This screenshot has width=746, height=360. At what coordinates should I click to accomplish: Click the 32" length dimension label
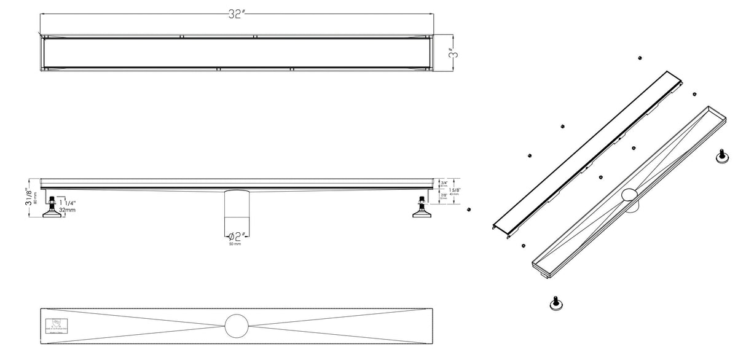[x=237, y=15]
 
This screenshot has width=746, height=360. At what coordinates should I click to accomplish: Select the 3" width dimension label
[x=453, y=54]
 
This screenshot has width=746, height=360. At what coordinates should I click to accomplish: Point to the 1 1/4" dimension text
[x=68, y=203]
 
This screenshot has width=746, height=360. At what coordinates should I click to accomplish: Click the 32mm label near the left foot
[x=68, y=210]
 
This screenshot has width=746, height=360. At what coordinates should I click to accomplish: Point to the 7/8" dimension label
[x=444, y=196]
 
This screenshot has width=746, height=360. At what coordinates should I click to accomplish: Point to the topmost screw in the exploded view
[x=640, y=58]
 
